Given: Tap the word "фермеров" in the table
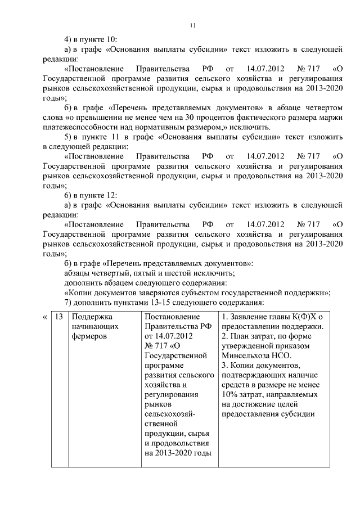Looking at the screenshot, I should click(89, 337).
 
